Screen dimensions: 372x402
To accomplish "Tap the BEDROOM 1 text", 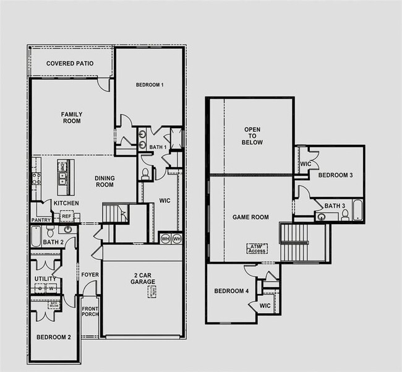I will pyautogui.click(x=149, y=85).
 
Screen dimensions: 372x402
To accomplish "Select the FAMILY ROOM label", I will pyautogui.click(x=72, y=118).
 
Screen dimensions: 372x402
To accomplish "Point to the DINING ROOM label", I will pyautogui.click(x=105, y=181).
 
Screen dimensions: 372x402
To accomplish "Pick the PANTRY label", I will pyautogui.click(x=41, y=220).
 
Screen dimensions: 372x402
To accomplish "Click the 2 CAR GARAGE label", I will pyautogui.click(x=143, y=279).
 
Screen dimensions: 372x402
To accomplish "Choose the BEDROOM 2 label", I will pyautogui.click(x=53, y=337).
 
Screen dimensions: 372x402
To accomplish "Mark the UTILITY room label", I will pyautogui.click(x=45, y=279).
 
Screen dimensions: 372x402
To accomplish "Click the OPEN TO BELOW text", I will pyautogui.click(x=253, y=136).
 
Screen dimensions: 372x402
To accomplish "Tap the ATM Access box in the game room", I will pyautogui.click(x=257, y=248).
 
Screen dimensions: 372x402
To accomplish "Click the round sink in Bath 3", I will pyautogui.click(x=321, y=217).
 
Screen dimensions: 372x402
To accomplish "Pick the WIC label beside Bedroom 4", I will pyautogui.click(x=265, y=306).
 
